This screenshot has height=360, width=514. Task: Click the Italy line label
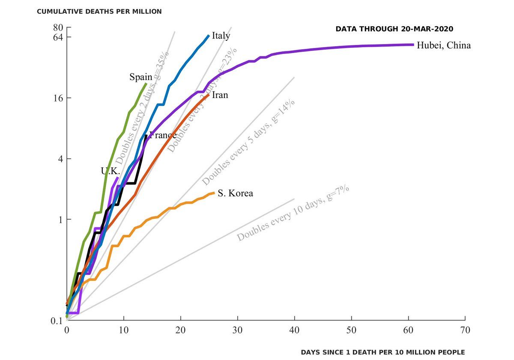click(221, 36)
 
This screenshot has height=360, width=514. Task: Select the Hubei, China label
click(444, 45)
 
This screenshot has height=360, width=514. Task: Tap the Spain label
click(141, 77)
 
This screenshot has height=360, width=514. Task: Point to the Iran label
click(220, 95)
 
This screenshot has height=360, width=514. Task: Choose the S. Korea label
click(235, 193)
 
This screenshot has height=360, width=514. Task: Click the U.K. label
click(110, 171)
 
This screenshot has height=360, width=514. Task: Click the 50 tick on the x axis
click(351, 330)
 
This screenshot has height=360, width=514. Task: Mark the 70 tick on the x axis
click(465, 330)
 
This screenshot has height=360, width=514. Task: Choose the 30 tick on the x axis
click(237, 330)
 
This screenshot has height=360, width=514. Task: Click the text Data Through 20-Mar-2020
click(394, 29)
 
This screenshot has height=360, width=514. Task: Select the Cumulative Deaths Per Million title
click(99, 12)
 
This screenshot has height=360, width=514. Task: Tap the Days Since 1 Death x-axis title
click(383, 352)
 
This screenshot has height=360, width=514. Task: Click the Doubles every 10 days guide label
click(293, 214)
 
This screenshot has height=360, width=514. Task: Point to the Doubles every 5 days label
click(248, 142)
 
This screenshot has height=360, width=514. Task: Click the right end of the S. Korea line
click(213, 193)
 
